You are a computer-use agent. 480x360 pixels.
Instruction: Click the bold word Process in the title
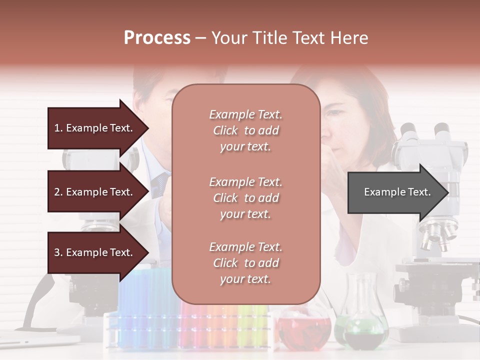pyautogui.click(x=157, y=38)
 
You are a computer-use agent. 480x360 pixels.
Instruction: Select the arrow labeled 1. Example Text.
pyautogui.click(x=94, y=128)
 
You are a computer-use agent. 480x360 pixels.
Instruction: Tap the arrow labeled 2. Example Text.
pyautogui.click(x=94, y=192)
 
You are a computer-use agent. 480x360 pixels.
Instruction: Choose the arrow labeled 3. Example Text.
pyautogui.click(x=94, y=253)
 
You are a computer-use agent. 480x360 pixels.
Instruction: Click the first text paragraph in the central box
pyautogui.click(x=245, y=130)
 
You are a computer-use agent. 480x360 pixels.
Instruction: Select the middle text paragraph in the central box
pyautogui.click(x=245, y=198)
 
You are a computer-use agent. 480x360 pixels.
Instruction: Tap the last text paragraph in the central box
pyautogui.click(x=245, y=263)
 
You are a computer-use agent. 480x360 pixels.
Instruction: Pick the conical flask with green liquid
pyautogui.click(x=365, y=325)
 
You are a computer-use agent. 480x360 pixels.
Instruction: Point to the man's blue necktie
pyautogui.click(x=161, y=182)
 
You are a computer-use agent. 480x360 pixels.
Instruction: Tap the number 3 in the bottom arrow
pyautogui.click(x=57, y=253)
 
